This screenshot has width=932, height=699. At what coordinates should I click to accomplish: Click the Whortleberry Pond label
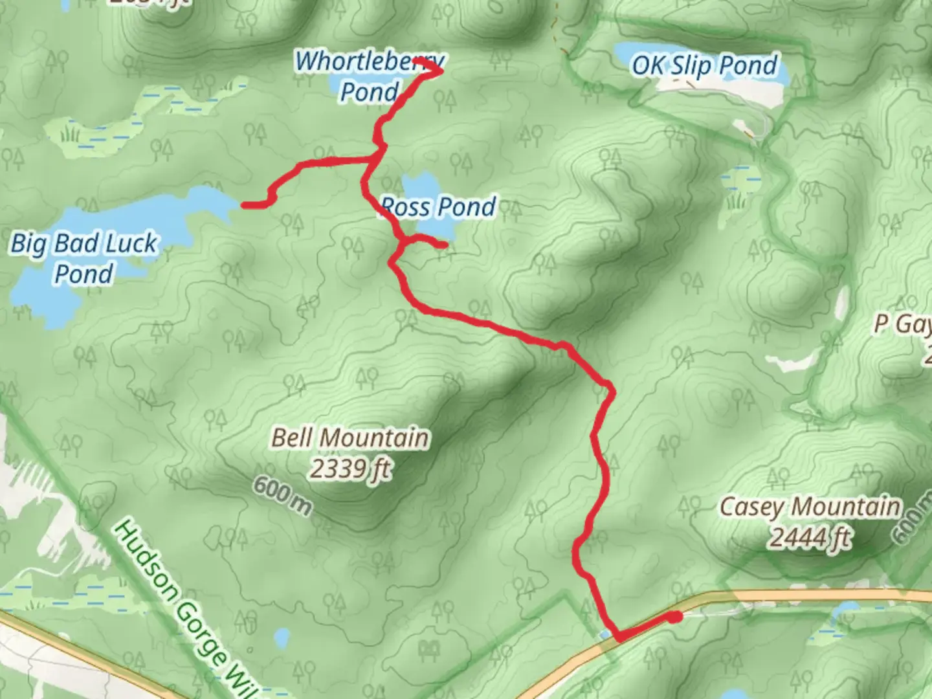pyautogui.click(x=370, y=76)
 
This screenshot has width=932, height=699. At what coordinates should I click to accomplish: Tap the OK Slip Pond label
pyautogui.click(x=705, y=65)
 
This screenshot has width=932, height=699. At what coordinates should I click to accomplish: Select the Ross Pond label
pyautogui.click(x=439, y=207)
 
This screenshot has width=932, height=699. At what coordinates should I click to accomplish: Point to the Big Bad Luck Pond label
pyautogui.click(x=83, y=258)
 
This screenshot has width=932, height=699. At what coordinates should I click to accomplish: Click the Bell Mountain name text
pyautogui.click(x=350, y=438)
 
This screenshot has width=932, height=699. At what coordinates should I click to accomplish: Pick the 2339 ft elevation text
pyautogui.click(x=350, y=468)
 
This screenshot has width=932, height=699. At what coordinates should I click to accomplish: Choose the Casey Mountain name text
pyautogui.click(x=810, y=507)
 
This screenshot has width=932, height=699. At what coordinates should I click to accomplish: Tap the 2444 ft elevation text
pyautogui.click(x=809, y=537)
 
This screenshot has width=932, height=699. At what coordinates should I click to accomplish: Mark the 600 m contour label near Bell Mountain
pyautogui.click(x=282, y=496)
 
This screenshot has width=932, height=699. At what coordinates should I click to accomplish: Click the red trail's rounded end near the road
pyautogui.click(x=676, y=617)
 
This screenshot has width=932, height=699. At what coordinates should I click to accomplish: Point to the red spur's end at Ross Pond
pyautogui.click(x=444, y=245)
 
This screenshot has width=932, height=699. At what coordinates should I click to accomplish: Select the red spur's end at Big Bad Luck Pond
pyautogui.click(x=245, y=206)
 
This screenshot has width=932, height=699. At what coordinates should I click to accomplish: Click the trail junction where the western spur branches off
pyautogui.click(x=375, y=157)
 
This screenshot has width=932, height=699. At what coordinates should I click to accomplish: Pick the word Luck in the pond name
pyautogui.click(x=130, y=243)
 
